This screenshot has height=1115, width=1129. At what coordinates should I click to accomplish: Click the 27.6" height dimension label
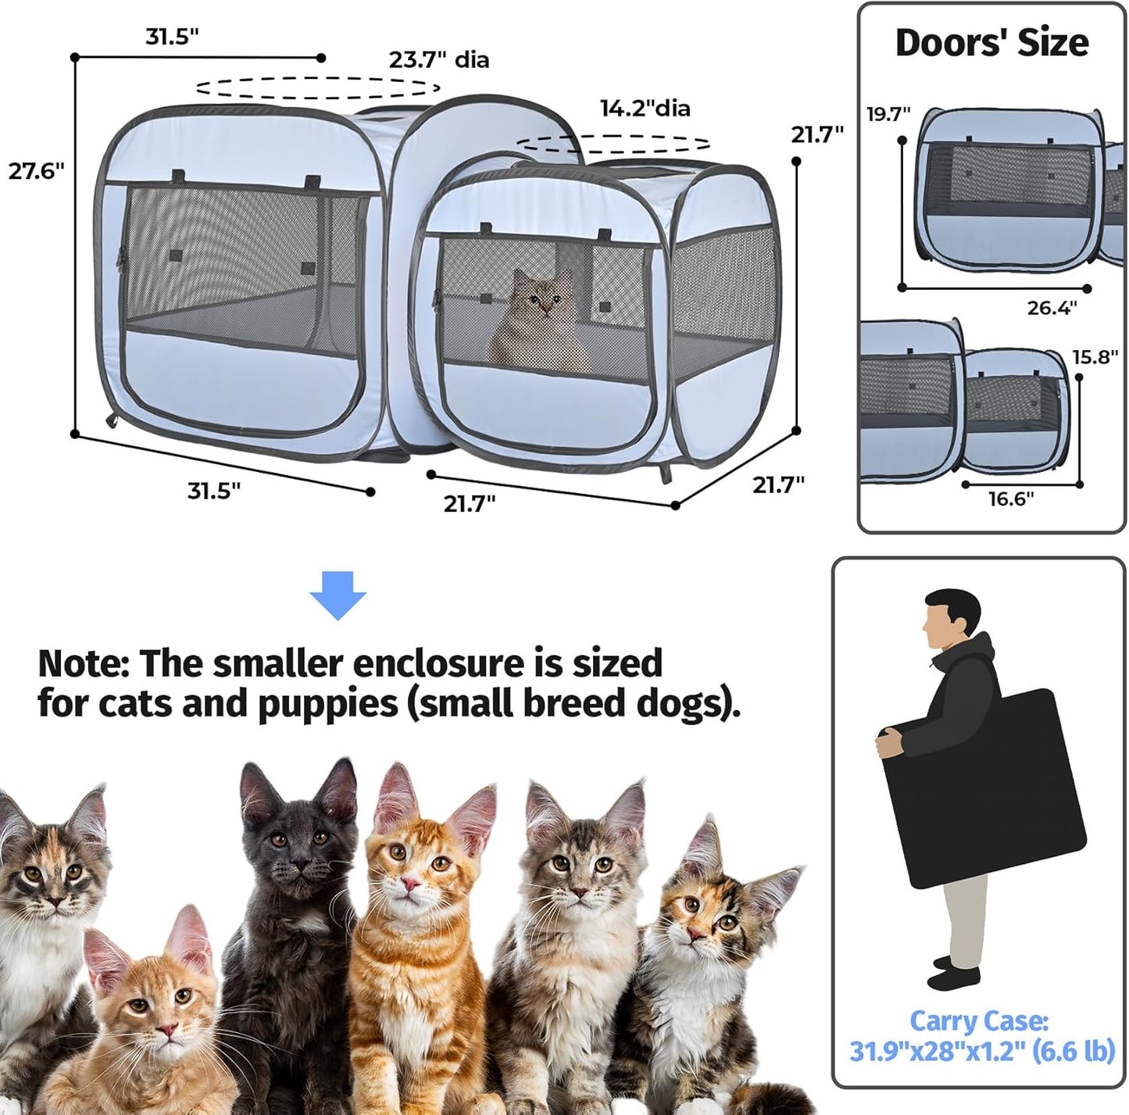[36, 171]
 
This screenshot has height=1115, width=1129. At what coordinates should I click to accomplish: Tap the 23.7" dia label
[439, 59]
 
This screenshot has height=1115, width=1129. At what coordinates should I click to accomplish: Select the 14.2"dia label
[645, 108]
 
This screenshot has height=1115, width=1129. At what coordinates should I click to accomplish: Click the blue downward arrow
[338, 595]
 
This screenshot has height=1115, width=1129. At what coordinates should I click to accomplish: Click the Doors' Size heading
[991, 43]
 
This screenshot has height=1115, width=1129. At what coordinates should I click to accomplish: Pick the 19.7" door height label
[888, 114]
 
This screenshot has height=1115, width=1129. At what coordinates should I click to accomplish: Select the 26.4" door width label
[1052, 308]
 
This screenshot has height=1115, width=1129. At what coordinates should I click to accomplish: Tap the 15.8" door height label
[1095, 358]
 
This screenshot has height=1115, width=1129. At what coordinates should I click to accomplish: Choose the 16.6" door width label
[1010, 499]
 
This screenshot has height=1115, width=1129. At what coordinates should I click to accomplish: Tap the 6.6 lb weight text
[1074, 1052]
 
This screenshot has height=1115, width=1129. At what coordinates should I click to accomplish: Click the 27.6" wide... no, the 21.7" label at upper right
[817, 134]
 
